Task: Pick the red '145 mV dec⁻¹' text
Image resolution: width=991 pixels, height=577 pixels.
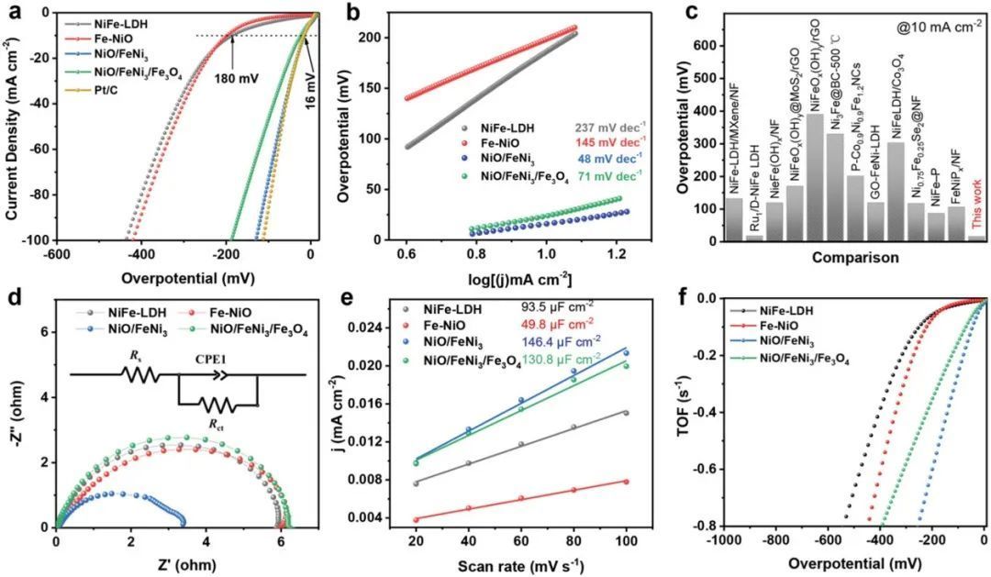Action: click(602, 144)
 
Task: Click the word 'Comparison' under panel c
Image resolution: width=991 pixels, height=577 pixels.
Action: click(854, 259)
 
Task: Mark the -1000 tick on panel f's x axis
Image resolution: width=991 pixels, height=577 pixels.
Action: click(716, 541)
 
